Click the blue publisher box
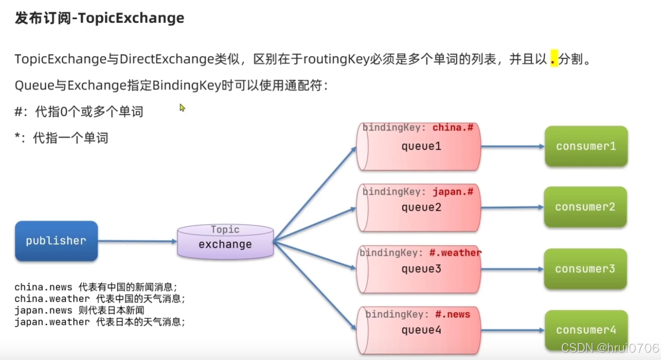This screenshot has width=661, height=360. click(56, 241)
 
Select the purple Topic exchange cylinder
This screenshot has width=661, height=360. click(225, 242)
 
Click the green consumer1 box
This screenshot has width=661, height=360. click(585, 146)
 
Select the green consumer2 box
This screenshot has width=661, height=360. click(585, 207)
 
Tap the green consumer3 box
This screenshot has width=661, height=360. click(585, 269)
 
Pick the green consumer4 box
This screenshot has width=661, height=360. click(585, 330)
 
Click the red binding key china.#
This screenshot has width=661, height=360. click(453, 128)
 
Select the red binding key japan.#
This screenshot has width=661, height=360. click(453, 192)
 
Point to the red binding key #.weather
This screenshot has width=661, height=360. click(455, 253)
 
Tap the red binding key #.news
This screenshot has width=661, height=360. click(452, 314)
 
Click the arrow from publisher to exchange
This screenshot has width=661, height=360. click(137, 241)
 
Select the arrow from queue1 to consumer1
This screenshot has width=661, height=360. click(512, 147)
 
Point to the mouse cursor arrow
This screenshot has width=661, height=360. click(182, 107)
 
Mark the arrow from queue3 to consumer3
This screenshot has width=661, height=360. click(512, 269)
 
